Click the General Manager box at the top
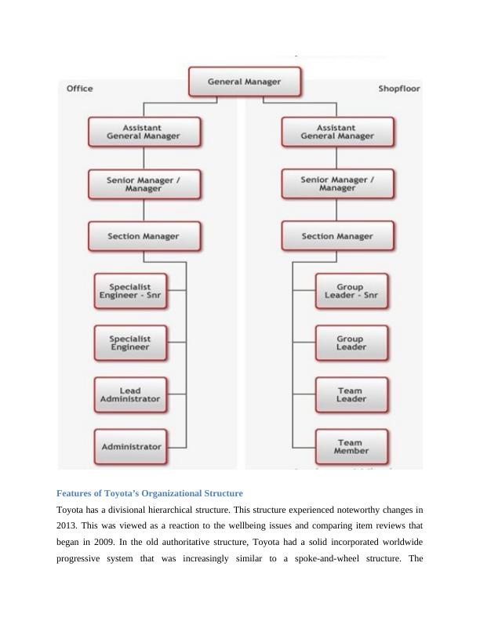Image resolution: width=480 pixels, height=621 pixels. click(243, 82)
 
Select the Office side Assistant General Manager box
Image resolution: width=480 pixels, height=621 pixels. click(144, 131)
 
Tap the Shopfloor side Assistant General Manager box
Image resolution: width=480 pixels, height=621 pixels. click(337, 131)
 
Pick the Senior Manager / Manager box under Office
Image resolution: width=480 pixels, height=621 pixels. click(144, 184)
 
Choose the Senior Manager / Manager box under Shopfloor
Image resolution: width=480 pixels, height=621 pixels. click(337, 184)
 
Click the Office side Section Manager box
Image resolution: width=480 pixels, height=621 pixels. click(144, 236)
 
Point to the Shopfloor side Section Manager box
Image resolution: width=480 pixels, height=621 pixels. click(337, 236)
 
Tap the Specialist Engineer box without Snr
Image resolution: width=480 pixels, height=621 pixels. click(130, 343)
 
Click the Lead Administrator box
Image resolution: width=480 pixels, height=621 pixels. click(130, 394)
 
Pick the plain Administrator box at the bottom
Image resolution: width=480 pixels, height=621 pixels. click(130, 447)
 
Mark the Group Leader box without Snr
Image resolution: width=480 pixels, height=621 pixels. click(351, 343)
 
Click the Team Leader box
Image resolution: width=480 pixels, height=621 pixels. click(351, 394)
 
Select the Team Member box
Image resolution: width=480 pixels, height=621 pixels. click(351, 447)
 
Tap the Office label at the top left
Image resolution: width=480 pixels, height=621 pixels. click(79, 89)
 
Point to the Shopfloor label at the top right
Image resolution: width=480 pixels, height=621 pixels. click(399, 89)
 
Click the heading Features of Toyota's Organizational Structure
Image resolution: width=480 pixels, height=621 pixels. click(150, 493)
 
